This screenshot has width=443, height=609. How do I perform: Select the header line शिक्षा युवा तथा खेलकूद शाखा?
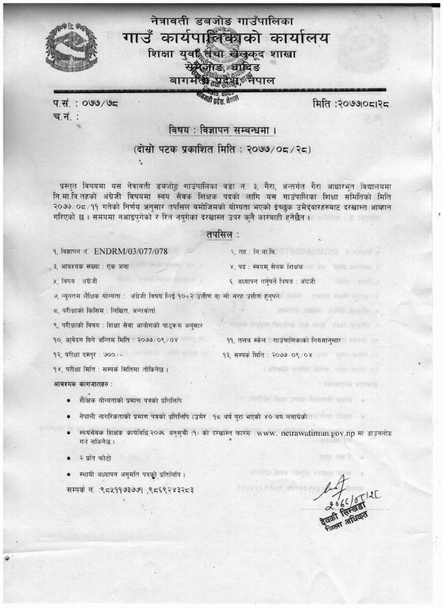click(224, 54)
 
